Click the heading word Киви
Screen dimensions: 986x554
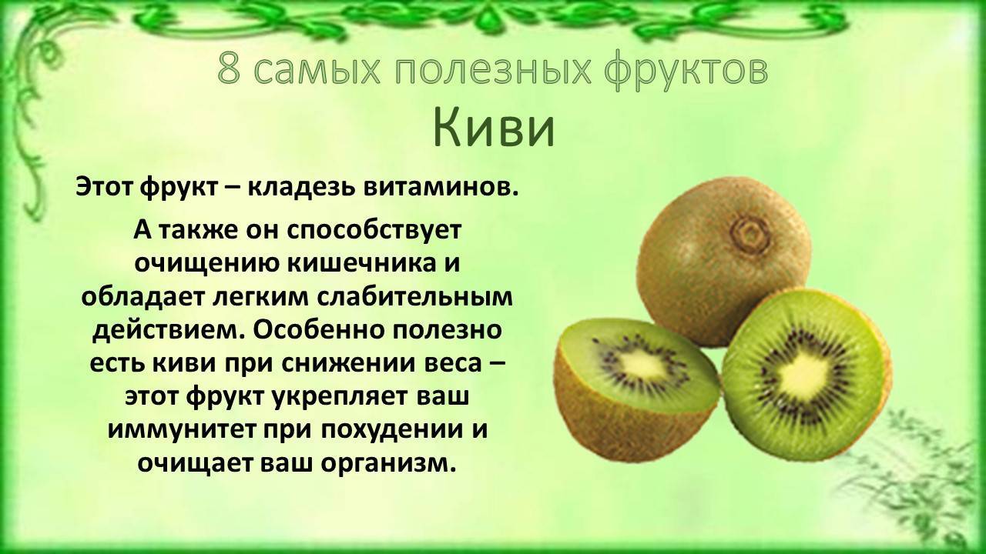point(494,128)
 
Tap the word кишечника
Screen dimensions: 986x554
point(359,265)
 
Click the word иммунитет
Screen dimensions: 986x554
point(185,431)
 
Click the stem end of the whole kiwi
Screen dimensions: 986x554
point(750,233)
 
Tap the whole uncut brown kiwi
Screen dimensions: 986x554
point(723,259)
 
